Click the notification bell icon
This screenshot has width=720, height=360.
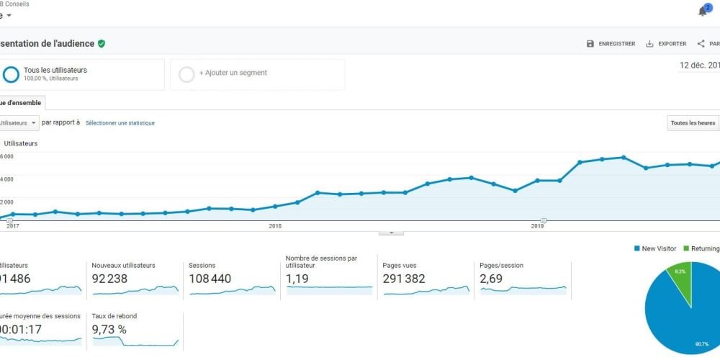tap(703, 12)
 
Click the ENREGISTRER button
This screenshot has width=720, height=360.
tap(611, 44)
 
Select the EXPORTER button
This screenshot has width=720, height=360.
tap(666, 44)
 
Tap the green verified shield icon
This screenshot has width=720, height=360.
tap(102, 44)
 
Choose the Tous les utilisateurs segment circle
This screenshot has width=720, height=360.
tap(11, 74)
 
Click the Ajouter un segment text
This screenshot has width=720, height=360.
tap(233, 73)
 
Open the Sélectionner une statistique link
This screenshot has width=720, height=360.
tap(120, 123)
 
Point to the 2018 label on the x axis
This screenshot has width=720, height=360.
tap(274, 226)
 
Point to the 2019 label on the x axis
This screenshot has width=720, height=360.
tap(537, 226)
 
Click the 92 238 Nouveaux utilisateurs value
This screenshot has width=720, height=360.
tap(113, 279)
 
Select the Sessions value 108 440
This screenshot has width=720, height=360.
tap(210, 279)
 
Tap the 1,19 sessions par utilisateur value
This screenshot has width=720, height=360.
tap(298, 279)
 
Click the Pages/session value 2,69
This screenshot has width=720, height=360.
tap(491, 279)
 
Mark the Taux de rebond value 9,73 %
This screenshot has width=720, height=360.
tap(109, 329)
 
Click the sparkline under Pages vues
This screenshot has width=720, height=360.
tap(426, 290)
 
